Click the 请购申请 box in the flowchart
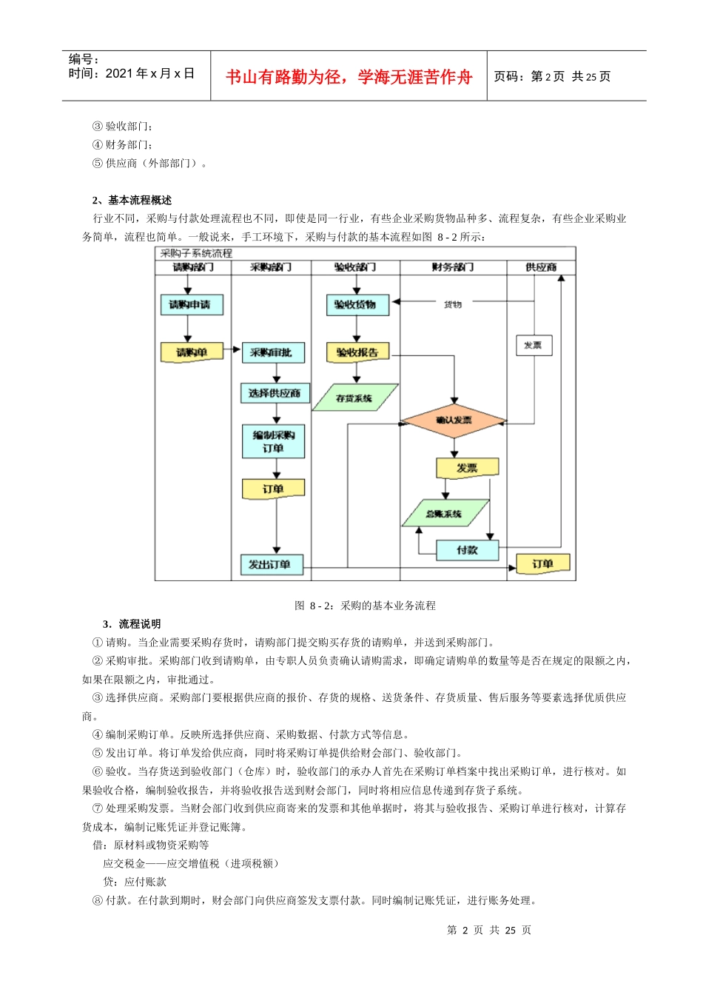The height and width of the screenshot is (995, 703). pyautogui.click(x=192, y=304)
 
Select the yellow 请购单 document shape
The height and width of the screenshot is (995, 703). pyautogui.click(x=192, y=352)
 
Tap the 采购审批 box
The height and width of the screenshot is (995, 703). pyautogui.click(x=273, y=352)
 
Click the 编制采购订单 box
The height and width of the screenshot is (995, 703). pyautogui.click(x=273, y=441)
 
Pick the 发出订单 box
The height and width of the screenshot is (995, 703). pyautogui.click(x=270, y=564)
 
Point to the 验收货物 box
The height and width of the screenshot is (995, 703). pyautogui.click(x=357, y=304)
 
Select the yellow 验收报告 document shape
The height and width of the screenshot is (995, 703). pyautogui.click(x=357, y=352)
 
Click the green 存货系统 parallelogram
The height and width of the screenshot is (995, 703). pyautogui.click(x=355, y=398)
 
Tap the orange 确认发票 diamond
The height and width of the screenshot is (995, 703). pyautogui.click(x=454, y=421)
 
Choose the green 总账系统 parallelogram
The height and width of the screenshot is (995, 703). pyautogui.click(x=445, y=513)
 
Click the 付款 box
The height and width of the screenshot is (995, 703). pyautogui.click(x=467, y=550)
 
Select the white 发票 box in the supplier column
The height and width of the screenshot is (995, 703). pyautogui.click(x=534, y=345)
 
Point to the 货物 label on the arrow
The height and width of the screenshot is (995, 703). pyautogui.click(x=453, y=304)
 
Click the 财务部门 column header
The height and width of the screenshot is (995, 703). pyautogui.click(x=453, y=267)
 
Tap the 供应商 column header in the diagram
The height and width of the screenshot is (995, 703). pyautogui.click(x=541, y=267)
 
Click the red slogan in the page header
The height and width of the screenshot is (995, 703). pyautogui.click(x=349, y=77)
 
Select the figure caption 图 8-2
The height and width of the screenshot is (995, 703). pyautogui.click(x=365, y=606)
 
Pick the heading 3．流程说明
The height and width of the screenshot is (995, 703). pyautogui.click(x=132, y=624)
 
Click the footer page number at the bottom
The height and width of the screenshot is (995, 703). pyautogui.click(x=489, y=930)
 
